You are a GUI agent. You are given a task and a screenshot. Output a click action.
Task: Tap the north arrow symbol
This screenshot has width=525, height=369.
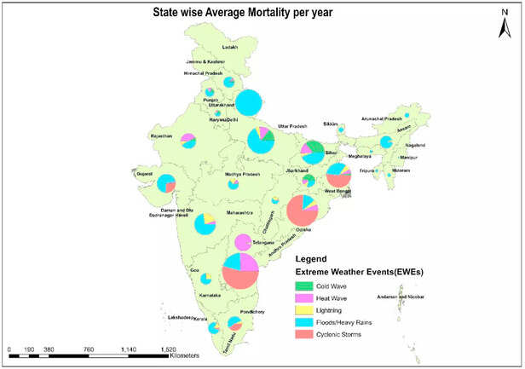505,26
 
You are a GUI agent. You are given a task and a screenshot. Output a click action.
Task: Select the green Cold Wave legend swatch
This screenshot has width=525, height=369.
305,286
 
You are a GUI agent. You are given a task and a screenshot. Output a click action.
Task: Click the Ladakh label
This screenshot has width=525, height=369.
232,48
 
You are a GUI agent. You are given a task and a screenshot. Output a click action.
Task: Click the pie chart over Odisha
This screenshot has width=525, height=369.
307,212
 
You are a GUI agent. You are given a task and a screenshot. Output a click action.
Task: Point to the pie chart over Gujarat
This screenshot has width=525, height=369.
166,182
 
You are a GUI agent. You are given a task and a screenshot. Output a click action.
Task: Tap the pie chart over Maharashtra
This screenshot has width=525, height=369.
205,223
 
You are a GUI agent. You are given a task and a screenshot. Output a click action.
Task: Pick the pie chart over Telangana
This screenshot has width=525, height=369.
243,242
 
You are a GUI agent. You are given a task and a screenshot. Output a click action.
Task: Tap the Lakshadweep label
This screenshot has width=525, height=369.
181,316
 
